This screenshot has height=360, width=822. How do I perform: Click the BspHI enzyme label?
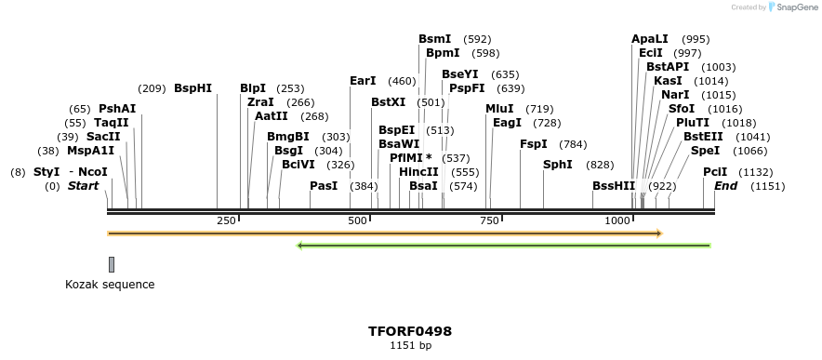coord(192,88)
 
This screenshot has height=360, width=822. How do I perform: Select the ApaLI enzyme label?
coord(650,39)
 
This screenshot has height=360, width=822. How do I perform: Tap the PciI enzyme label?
coord(715,172)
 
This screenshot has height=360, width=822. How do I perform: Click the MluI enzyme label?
coord(499,109)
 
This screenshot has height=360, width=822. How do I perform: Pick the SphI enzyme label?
coord(558,165)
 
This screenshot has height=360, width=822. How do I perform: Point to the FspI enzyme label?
coord(534,144)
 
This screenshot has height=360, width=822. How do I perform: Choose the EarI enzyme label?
coord(363,81)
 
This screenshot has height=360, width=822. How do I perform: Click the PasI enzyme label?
coord(324,186)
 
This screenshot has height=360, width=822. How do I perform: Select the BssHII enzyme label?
coord(614,186)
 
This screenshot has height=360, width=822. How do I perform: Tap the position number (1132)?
coord(756,172)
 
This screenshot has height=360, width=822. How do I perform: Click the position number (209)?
coord(152,88)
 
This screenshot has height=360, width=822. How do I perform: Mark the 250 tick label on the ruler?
coord(226,220)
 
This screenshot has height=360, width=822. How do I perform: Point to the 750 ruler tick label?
coord(489,220)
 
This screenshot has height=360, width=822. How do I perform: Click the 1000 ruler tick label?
coord(618,220)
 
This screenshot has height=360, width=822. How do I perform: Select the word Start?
coord(83,186)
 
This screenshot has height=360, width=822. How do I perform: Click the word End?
coord(725,186)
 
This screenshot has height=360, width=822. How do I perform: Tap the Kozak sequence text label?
coord(110,285)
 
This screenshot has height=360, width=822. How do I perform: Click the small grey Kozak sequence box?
coord(112,264)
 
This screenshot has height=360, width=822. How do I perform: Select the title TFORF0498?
coord(410,331)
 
